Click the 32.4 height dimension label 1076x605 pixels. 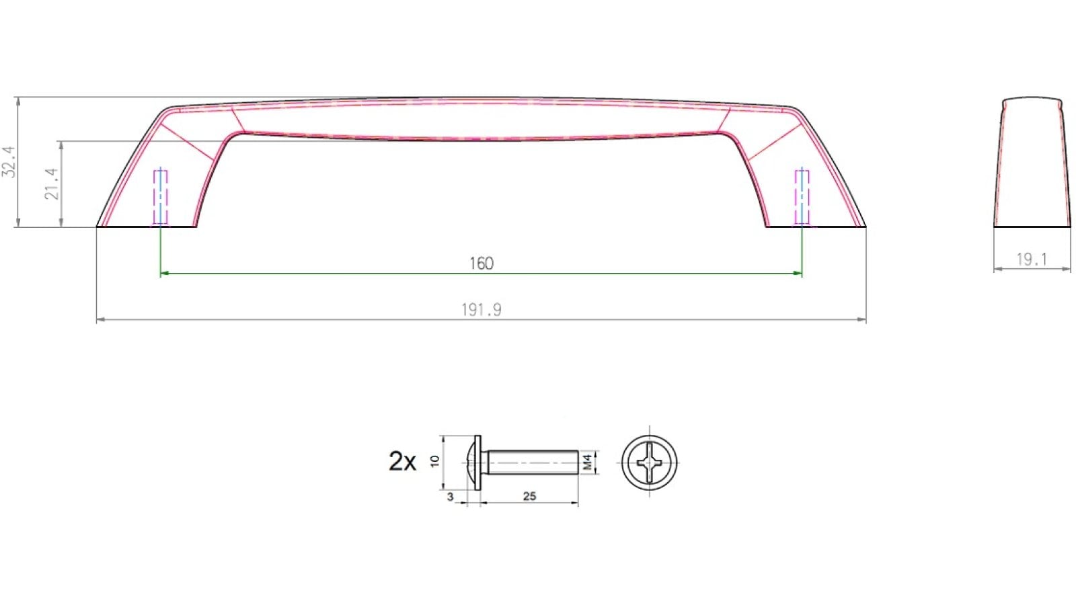point(9,162)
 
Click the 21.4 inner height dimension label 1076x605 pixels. point(52,184)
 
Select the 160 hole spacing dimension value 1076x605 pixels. point(482,263)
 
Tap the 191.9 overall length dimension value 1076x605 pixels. point(482,310)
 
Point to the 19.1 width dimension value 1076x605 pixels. point(1032,259)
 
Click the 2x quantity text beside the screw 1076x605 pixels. point(402,461)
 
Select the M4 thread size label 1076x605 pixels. point(587,462)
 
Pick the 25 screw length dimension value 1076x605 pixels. point(529,497)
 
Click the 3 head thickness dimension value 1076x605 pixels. point(451,497)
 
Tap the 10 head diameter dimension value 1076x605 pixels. point(434,461)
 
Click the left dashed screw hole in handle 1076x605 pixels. point(161,196)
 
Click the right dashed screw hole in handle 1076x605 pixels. point(802,196)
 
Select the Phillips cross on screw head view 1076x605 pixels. point(650,462)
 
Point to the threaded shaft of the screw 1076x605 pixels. point(531,462)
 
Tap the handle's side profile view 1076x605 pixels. point(1032,165)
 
